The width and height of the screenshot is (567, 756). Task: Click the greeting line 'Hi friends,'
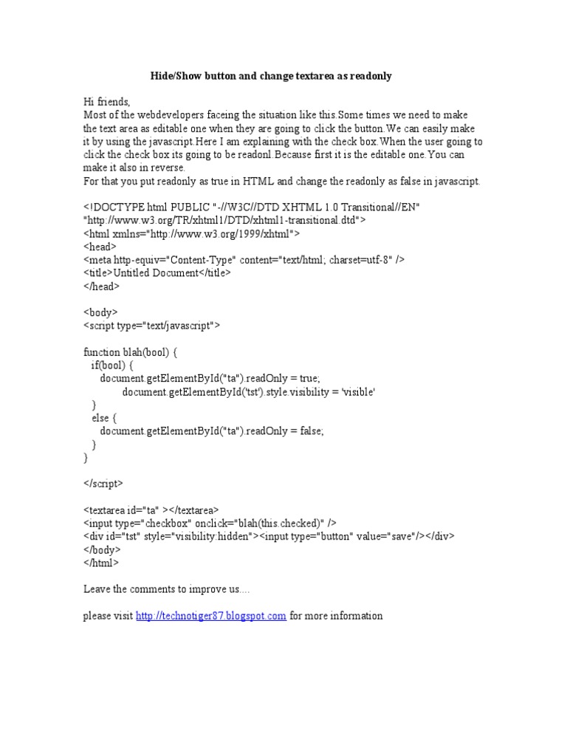[x=106, y=102]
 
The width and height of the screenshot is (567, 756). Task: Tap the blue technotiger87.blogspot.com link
[x=210, y=616]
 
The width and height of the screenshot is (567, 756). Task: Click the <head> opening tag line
[x=100, y=247]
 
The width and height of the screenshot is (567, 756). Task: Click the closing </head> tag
[x=102, y=286]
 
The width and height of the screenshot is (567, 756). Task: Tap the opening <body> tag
[x=100, y=312]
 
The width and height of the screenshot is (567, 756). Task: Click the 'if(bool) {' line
[x=112, y=365]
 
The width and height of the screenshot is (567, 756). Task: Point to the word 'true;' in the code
[x=307, y=378]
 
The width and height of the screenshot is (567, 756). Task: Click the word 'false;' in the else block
[x=309, y=431]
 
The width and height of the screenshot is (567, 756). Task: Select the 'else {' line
[x=104, y=418]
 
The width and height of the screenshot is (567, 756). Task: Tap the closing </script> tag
[x=103, y=484]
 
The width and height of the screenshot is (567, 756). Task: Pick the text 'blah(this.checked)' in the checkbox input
[x=281, y=523]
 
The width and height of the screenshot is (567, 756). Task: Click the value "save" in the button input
[x=399, y=537]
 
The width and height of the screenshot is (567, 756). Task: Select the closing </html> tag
[x=100, y=563]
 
